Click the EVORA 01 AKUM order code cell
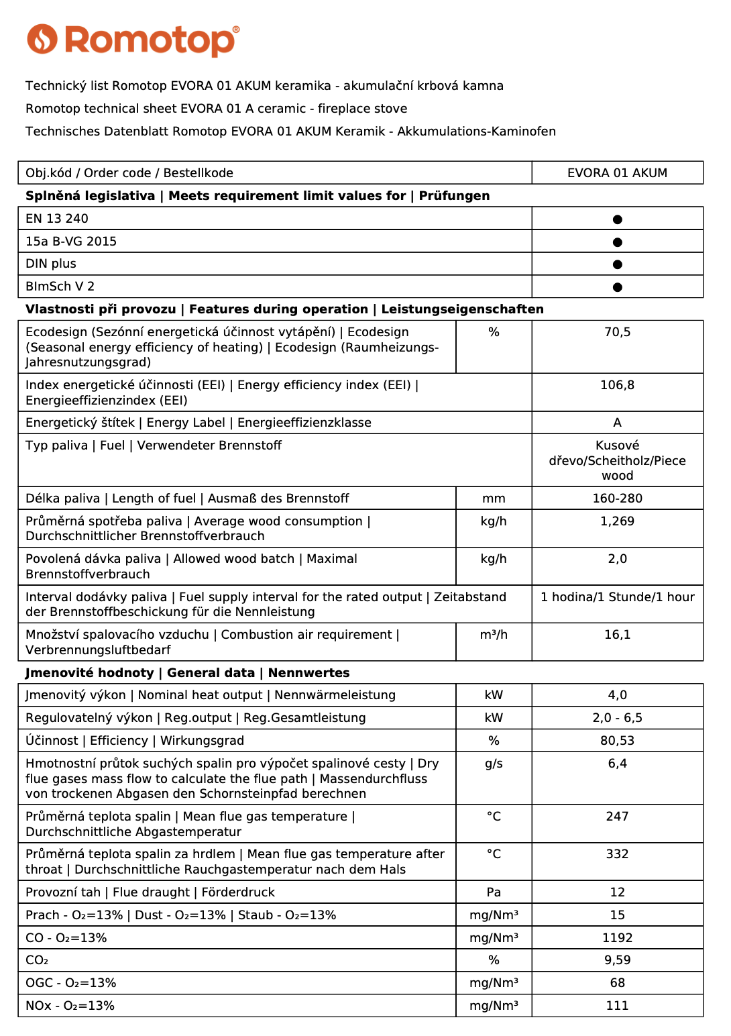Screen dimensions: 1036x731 coord(617,173)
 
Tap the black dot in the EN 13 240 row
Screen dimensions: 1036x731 coord(618,219)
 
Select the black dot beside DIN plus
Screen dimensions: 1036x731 coord(618,264)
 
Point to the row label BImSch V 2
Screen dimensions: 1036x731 coord(60,287)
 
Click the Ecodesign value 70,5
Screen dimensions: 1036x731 coord(617,332)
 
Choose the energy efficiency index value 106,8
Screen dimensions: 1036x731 coord(617,385)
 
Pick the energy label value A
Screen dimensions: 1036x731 coord(617,423)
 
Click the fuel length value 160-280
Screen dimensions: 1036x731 coord(617,499)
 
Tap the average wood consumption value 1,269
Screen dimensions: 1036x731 coord(617,521)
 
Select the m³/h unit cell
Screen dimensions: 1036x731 coord(494,635)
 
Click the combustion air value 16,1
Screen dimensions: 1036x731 coord(617,635)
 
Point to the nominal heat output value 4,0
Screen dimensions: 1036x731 coord(617,695)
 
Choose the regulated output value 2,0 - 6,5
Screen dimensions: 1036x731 coord(617,718)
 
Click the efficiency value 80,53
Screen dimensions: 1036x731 coord(617,741)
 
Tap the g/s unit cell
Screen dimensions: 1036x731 coord(494,764)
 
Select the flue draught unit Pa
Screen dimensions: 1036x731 coord(494,892)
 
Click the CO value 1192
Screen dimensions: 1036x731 coord(617,938)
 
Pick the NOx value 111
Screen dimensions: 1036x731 coord(617,1006)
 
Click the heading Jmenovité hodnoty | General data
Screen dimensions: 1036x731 coord(140,673)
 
